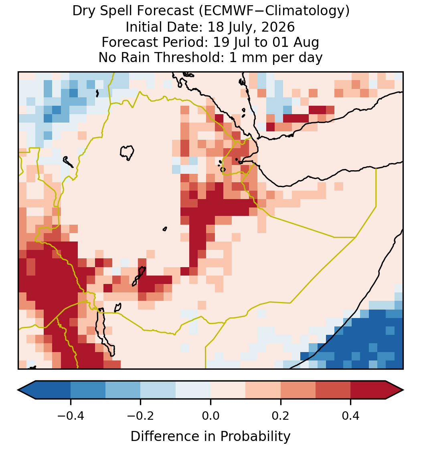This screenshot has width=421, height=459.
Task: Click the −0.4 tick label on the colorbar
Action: click(71, 415)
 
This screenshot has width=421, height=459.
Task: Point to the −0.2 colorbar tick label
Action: click(141, 415)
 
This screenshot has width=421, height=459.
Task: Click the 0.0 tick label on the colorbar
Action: click(210, 415)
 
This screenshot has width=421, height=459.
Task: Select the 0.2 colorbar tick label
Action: click(281, 415)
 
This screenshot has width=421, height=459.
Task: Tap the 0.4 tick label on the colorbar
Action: click(351, 415)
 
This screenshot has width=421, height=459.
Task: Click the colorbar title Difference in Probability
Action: click(210, 436)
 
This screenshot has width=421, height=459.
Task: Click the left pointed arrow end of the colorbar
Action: click(18, 390)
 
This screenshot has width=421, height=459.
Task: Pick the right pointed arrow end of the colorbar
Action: click(403, 390)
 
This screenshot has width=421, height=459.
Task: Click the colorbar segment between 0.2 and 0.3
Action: click(298, 390)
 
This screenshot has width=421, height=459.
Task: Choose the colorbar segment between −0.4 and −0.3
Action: click(88, 390)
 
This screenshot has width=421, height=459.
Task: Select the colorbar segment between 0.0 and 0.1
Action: click(228, 390)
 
